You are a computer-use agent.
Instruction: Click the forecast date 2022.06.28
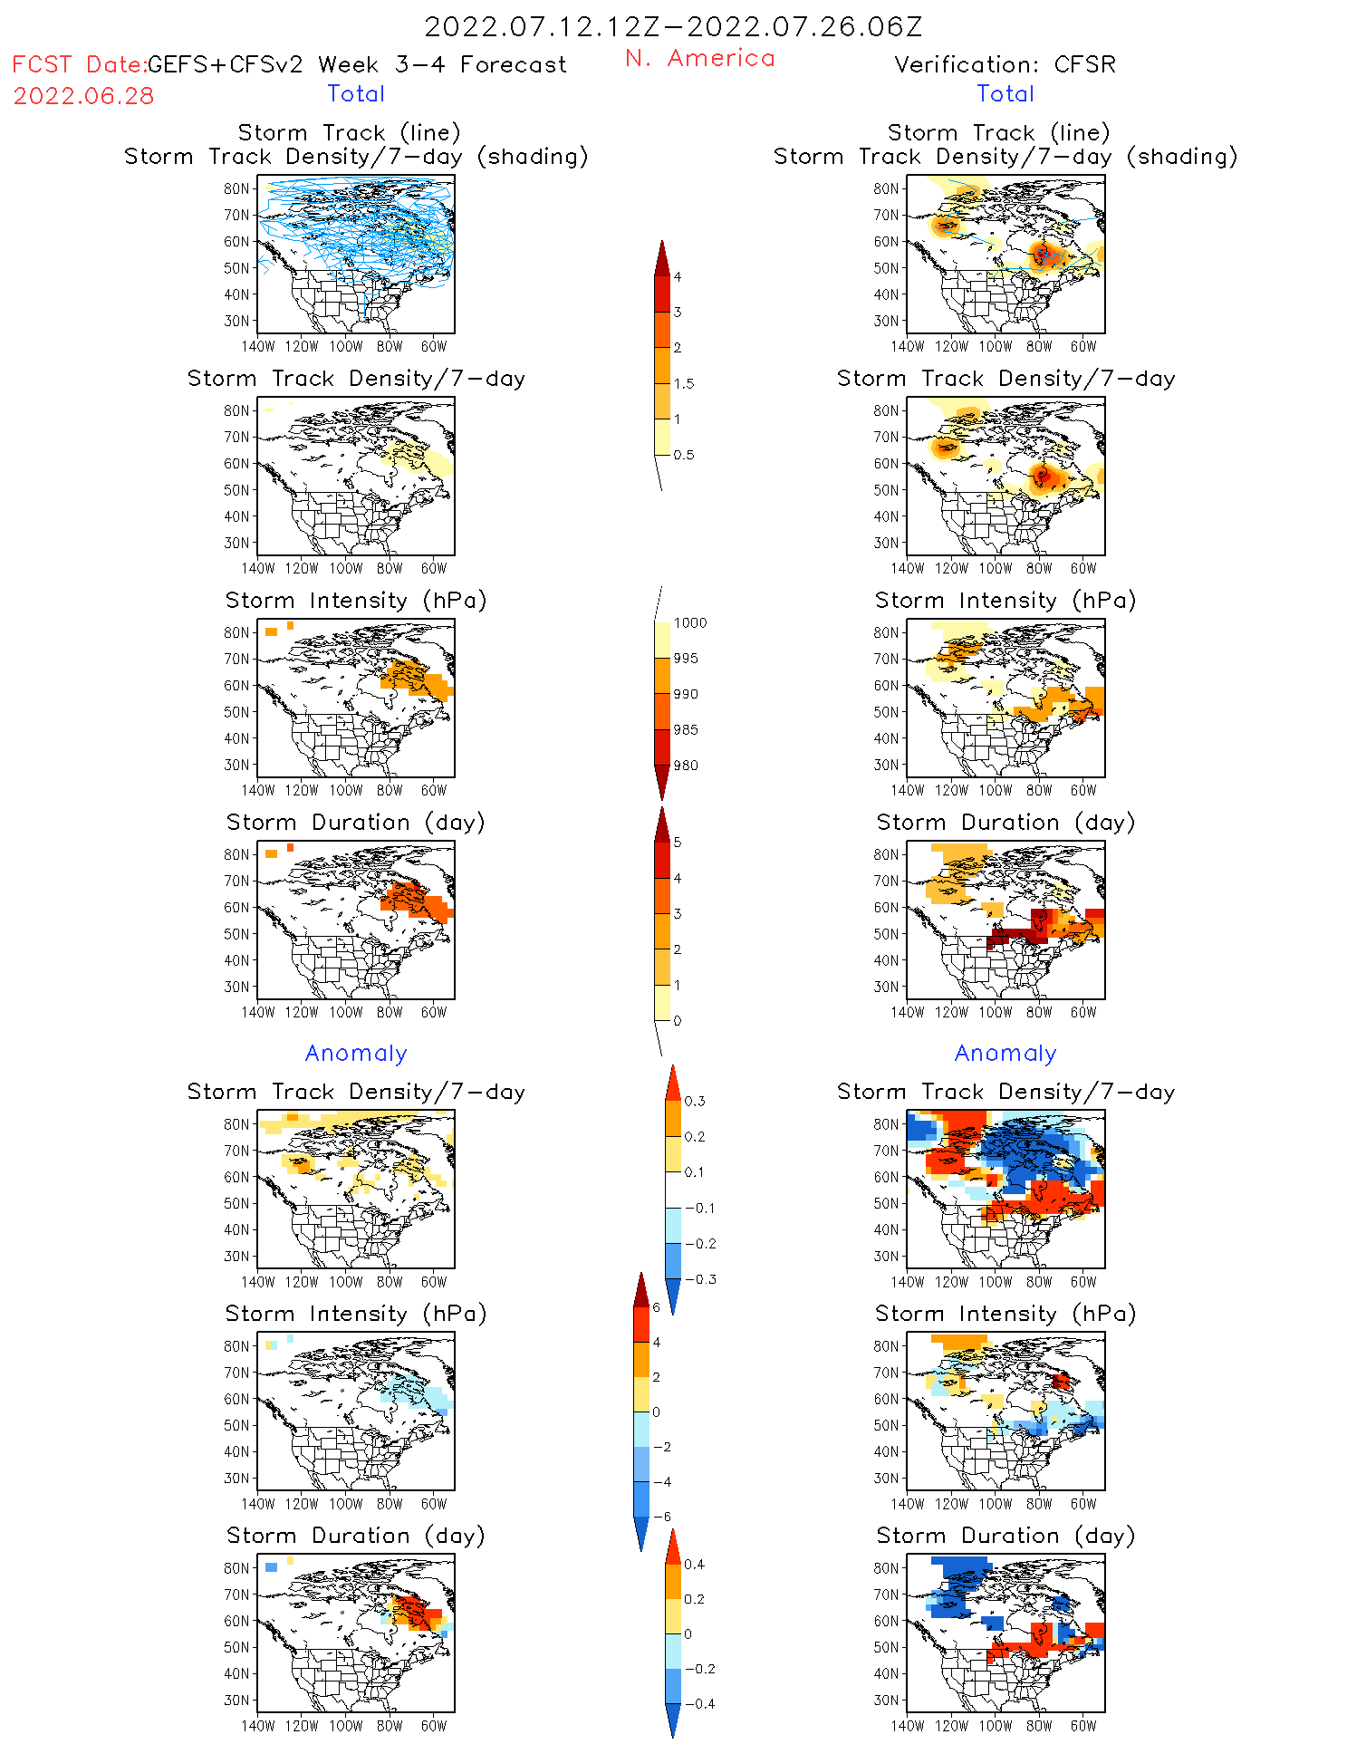83,96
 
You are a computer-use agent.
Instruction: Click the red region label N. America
699,58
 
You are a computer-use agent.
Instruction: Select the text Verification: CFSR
1005,64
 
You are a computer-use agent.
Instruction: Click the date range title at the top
673,26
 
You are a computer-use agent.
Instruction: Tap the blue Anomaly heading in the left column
356,1053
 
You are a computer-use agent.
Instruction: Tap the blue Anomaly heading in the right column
1005,1053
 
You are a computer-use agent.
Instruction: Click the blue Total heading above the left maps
356,93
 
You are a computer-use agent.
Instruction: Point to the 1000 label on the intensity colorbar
689,622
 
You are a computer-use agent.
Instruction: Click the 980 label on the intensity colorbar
686,766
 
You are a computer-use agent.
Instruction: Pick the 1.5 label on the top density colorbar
684,383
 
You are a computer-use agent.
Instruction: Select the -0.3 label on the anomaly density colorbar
699,1279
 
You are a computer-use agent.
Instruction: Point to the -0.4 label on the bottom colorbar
698,1703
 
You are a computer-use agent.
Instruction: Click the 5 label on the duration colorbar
678,843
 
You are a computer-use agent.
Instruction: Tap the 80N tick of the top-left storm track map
236,188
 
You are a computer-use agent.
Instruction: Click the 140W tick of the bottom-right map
907,1726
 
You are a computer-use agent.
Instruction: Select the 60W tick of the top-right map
1083,346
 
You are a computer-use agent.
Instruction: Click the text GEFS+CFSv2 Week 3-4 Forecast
357,64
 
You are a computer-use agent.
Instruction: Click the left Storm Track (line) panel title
349,132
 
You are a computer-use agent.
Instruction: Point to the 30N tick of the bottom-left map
236,1700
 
